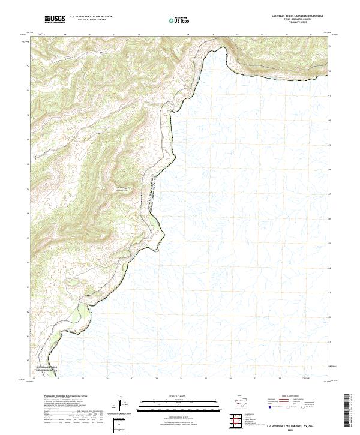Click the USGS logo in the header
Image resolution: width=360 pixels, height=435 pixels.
tap(55, 19)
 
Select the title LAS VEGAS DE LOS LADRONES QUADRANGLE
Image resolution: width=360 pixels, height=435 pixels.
tap(298, 16)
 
